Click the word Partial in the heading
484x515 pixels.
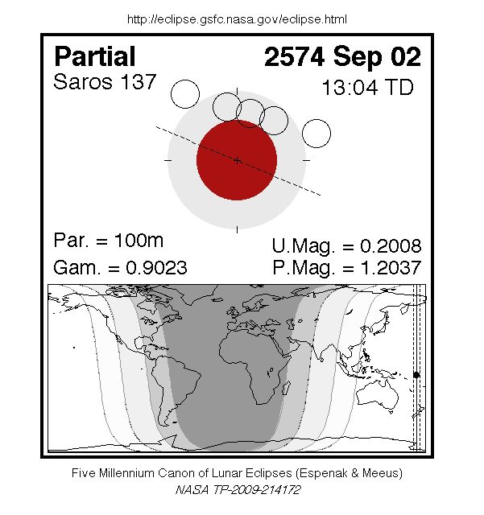pos(95,57)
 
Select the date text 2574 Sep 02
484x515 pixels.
pos(342,57)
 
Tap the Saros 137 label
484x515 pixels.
pos(105,82)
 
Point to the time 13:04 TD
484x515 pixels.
pos(367,87)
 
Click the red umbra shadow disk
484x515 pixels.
pos(237,160)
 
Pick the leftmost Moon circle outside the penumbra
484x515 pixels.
pos(184,95)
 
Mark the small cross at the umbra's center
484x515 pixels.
pos(237,160)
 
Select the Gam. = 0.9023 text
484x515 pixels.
pos(120,267)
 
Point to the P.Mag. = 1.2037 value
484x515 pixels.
pos(346,268)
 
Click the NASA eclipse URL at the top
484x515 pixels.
pos(238,19)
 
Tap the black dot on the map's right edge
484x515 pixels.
pos(416,375)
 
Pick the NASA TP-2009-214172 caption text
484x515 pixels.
pos(238,488)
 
